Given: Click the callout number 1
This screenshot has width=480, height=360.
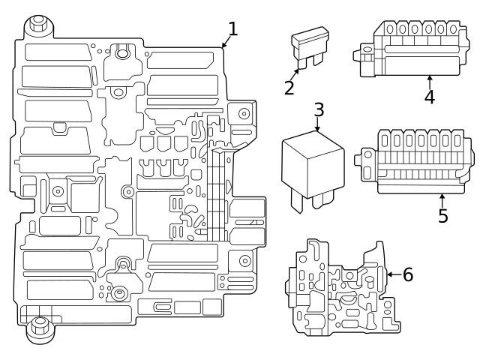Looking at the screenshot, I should click(x=232, y=29).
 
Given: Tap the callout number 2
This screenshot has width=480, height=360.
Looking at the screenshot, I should click(x=289, y=87).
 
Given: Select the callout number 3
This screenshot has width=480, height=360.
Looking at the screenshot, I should click(x=319, y=109).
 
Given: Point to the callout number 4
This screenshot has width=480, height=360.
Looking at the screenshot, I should click(x=429, y=97).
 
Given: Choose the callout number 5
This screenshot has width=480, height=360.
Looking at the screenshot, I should click(x=442, y=216).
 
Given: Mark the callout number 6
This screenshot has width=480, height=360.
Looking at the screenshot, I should click(x=407, y=274).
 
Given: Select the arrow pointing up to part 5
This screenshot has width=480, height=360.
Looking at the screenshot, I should click(x=442, y=199).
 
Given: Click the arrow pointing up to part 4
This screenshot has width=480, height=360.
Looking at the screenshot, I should click(x=429, y=81).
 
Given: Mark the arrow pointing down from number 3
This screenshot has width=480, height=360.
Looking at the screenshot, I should click(x=318, y=126).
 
